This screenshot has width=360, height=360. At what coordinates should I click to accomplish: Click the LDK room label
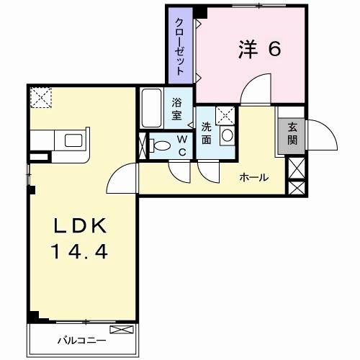[81, 227]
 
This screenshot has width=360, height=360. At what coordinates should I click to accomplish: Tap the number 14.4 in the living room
[81, 252]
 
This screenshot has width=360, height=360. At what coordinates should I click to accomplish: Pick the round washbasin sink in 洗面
[227, 135]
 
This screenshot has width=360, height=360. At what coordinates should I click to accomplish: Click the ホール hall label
[253, 177]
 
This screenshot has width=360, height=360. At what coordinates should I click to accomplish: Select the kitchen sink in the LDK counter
[75, 140]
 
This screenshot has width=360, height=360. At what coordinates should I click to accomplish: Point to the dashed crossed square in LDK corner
[40, 97]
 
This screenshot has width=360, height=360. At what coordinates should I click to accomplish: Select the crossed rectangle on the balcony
[122, 330]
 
